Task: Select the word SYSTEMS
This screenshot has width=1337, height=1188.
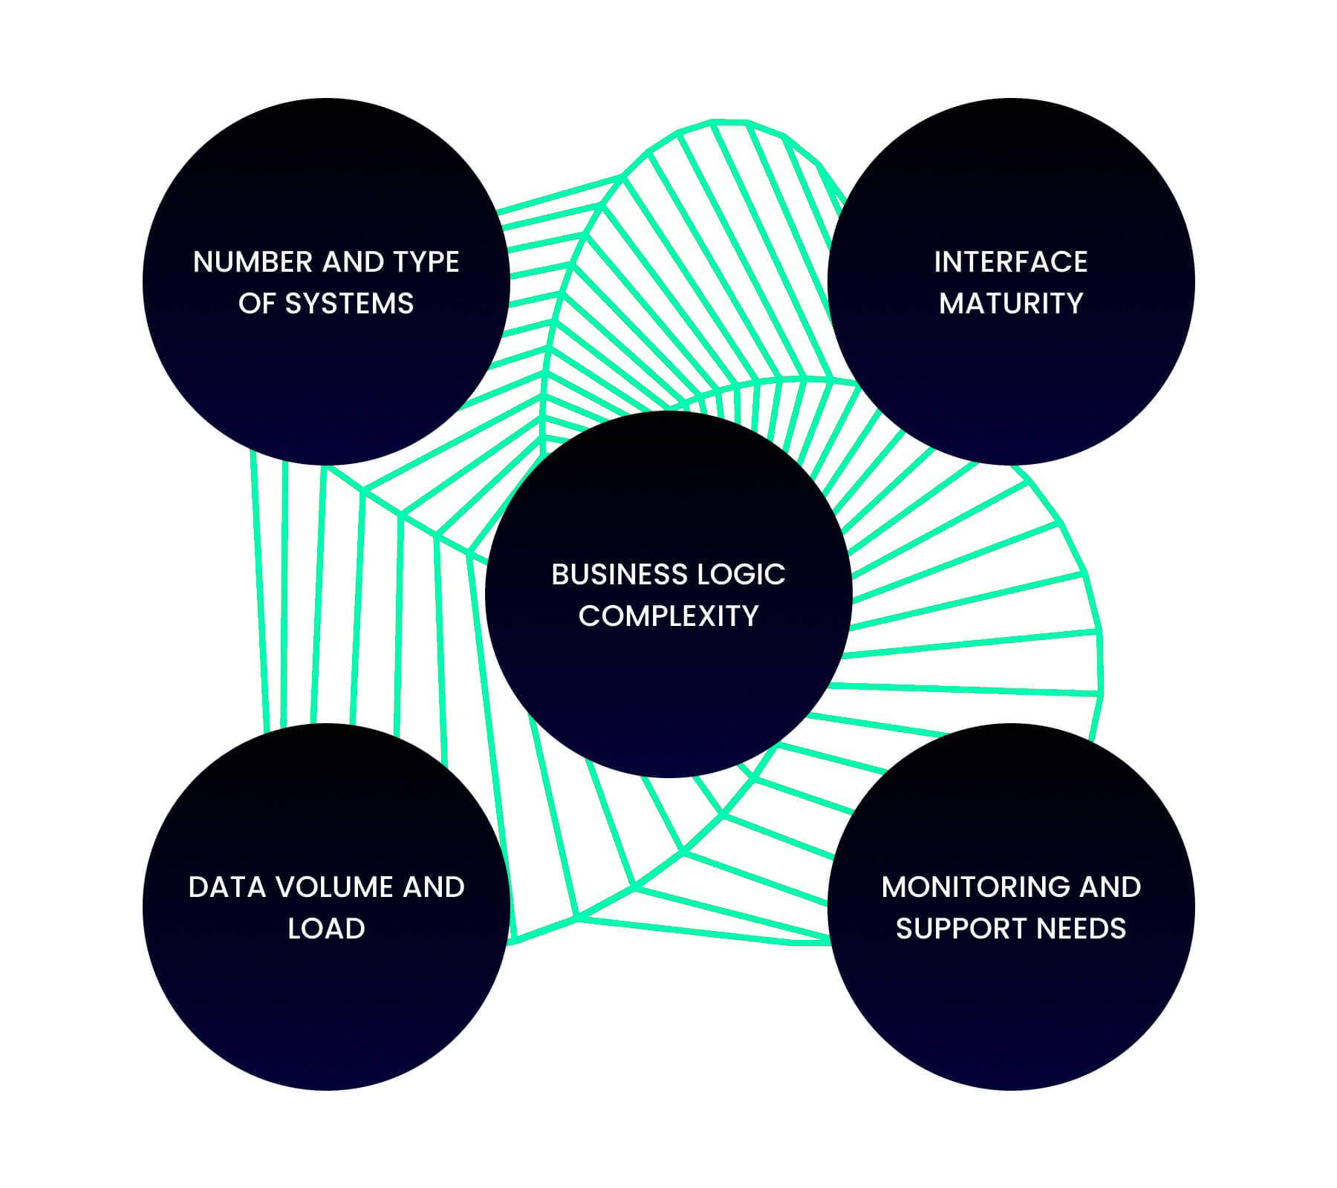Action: (349, 304)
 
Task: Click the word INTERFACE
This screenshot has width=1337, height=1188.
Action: (1011, 262)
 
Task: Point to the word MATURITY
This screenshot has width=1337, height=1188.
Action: (1011, 304)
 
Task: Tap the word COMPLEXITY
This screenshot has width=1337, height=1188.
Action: (668, 616)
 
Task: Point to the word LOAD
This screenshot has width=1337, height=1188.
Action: (326, 929)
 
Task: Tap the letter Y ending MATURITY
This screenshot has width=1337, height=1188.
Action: (1073, 304)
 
